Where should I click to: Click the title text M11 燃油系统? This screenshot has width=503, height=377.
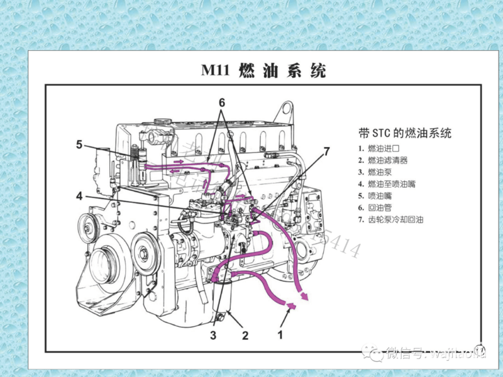tap(263, 70)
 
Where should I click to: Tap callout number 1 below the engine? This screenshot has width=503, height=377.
tap(281, 334)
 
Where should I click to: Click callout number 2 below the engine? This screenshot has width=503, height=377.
tap(245, 335)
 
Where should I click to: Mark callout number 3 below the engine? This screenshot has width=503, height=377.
tap(213, 335)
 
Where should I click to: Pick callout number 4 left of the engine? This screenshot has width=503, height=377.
tap(79, 197)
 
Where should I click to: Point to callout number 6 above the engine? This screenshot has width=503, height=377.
tap(221, 102)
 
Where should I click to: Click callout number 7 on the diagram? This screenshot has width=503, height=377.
tap(326, 151)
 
